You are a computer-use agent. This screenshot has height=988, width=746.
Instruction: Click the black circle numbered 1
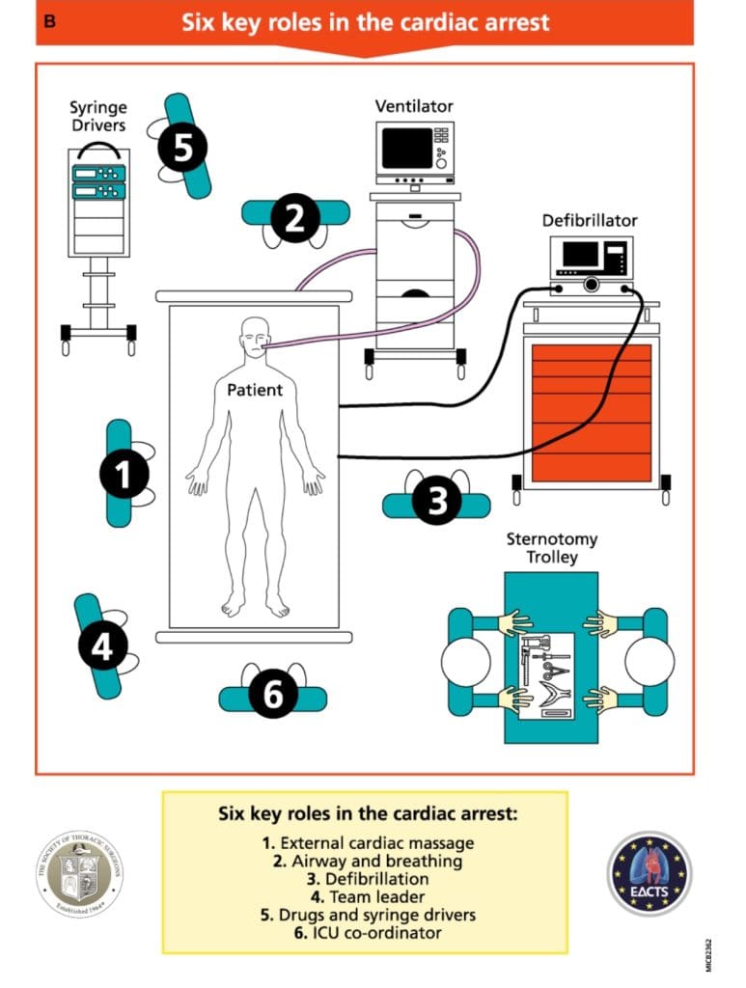124,474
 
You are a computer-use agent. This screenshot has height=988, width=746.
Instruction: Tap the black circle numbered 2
294,218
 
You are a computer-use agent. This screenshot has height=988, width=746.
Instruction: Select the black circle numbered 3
436,502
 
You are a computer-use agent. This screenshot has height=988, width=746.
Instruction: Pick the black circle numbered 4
101,646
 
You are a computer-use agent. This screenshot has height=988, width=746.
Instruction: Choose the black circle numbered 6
273,695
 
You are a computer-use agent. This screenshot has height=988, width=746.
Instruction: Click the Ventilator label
414,106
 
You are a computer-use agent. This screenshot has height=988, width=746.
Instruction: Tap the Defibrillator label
589,221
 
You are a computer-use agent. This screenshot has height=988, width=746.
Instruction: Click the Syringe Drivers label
97,117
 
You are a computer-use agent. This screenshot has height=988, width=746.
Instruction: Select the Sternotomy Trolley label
551,548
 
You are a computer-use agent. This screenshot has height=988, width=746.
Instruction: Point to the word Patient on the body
255,390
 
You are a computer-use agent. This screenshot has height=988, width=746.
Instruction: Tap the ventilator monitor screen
406,148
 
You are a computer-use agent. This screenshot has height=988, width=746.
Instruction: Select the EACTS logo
649,873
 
